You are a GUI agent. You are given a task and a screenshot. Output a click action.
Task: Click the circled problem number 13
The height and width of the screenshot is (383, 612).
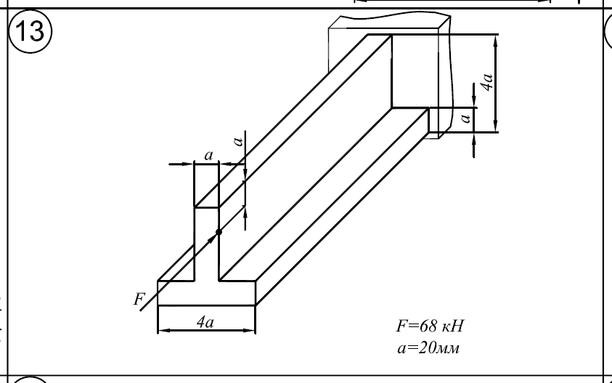tap(30, 31)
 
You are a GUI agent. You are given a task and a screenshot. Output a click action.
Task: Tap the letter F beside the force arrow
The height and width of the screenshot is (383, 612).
tap(139, 299)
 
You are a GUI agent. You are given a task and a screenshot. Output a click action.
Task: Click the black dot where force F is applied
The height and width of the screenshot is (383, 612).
tap(219, 232)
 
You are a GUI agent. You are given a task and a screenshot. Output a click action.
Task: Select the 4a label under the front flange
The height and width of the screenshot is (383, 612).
tap(205, 322)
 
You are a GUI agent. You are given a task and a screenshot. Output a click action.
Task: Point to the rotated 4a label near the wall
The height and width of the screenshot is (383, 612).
tap(487, 82)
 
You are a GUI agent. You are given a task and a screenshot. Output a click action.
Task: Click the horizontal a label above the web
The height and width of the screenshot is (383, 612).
tap(209, 155)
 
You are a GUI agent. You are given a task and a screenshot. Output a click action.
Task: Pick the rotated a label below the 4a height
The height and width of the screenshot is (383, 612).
tap(465, 118)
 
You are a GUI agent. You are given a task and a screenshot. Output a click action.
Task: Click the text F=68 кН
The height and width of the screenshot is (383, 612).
tap(430, 326)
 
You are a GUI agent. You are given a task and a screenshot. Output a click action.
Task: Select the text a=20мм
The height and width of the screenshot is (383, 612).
tap(428, 347)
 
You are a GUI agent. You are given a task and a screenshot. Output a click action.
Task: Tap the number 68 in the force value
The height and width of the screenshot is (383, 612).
tap(428, 326)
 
